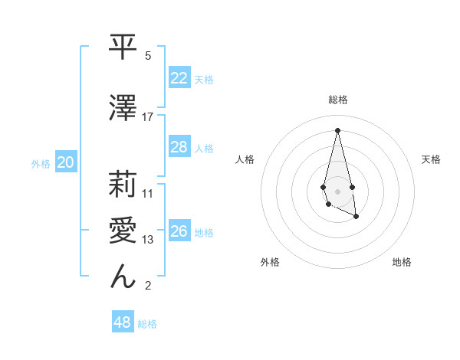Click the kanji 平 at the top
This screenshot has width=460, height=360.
tap(123, 48)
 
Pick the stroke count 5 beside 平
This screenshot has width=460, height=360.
tap(148, 56)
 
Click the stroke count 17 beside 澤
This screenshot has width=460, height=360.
tap(148, 116)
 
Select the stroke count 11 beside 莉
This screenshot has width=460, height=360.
tap(148, 193)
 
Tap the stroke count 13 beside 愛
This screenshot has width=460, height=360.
tap(148, 240)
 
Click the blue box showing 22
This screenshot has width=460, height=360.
tap(179, 77)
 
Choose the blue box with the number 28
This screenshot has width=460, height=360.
tap(179, 147)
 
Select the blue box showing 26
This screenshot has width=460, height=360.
tap(179, 231)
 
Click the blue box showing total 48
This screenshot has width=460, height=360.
tap(122, 322)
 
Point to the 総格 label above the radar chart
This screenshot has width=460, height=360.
tap(338, 100)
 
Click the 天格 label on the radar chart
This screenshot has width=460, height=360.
tap(432, 159)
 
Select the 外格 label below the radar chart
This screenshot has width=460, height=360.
tap(270, 262)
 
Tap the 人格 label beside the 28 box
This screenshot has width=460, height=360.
tap(204, 148)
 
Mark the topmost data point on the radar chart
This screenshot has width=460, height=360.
tap(337, 129)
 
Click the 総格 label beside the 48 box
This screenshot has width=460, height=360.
tap(147, 324)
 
